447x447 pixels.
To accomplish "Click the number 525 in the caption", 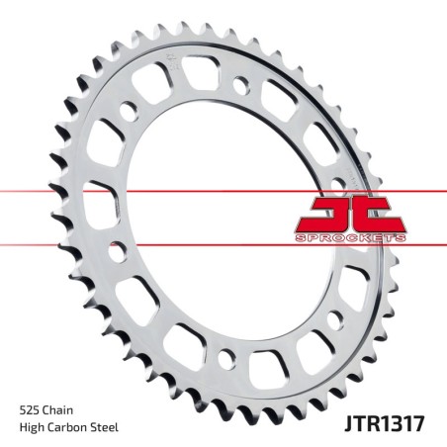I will [31, 408].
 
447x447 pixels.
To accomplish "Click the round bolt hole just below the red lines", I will [116, 255].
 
